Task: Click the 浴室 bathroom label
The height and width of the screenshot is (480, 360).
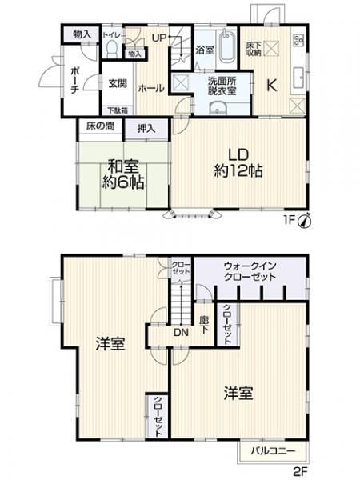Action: click(x=204, y=50)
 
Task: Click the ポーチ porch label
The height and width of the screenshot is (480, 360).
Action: click(x=73, y=78)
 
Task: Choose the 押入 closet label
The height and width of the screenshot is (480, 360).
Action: click(x=145, y=128)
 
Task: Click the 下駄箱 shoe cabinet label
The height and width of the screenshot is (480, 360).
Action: click(x=117, y=110)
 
